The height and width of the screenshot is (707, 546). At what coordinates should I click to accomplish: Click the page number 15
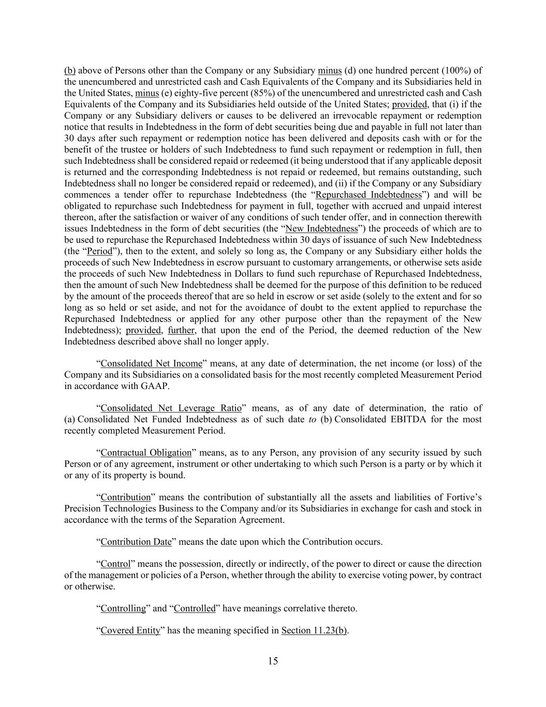273,661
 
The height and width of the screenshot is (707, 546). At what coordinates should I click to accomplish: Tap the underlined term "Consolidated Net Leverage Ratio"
171,408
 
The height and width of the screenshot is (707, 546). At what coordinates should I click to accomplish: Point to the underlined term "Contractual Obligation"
146,453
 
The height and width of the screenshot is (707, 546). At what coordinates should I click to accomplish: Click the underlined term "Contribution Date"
136,542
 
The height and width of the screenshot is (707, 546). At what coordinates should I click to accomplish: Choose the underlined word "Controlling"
123,608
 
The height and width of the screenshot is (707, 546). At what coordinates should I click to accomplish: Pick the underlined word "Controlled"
195,608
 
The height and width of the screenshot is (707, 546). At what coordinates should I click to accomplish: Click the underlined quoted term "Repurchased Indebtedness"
369,195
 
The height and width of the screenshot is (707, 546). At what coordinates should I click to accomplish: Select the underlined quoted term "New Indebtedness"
322,228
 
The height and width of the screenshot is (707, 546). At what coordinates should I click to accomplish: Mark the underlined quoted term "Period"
99,251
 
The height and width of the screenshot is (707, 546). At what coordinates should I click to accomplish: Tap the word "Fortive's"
463,497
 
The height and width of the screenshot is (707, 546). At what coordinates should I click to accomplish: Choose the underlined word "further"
181,330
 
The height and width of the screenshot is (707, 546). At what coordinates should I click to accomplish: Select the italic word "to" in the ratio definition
312,419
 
